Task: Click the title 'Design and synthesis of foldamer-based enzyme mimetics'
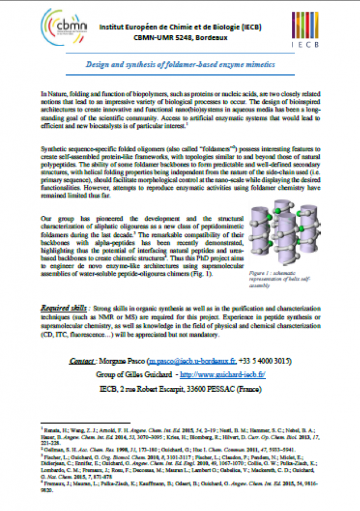(180, 65)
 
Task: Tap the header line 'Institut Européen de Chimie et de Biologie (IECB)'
(180, 27)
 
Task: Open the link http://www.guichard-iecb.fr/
(223, 375)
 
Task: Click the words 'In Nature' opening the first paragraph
(52, 93)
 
